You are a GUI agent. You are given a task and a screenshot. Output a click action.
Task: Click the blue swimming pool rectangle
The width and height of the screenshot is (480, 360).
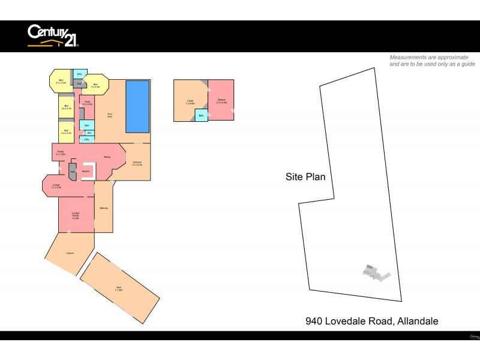137,106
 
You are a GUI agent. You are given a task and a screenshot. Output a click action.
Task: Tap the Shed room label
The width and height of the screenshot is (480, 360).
119,289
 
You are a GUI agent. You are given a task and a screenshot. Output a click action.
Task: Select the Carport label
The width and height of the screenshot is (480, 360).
70,253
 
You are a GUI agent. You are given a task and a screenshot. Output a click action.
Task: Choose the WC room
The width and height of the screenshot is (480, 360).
89,133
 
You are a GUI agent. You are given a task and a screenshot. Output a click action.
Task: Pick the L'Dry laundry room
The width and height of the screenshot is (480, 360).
87,140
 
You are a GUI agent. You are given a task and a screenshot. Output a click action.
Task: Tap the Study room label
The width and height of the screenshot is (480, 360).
87,103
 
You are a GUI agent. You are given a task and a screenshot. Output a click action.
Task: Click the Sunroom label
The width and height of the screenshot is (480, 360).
137,164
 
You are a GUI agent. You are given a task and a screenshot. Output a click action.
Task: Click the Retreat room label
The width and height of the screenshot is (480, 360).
221,101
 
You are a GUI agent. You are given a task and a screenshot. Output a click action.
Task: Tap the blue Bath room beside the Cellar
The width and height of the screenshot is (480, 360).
201,115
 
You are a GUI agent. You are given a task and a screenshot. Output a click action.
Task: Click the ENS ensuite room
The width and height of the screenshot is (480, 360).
79,74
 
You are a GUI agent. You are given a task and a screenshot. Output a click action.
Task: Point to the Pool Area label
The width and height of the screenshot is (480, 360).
110,115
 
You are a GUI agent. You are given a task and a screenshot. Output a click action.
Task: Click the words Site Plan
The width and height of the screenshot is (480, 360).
305,177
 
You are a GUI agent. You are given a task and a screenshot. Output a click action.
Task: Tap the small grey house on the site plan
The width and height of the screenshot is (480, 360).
375,272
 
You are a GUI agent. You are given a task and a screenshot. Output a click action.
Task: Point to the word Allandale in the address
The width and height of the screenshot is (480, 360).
418,321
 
